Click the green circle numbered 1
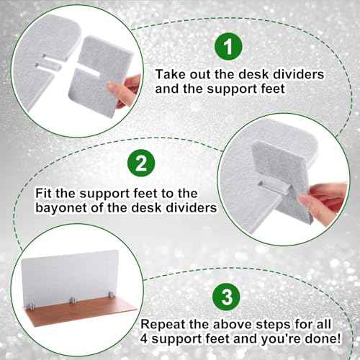228,47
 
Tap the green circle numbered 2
141,163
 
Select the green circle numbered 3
226,297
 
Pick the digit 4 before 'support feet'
144,339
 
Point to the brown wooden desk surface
79,312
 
